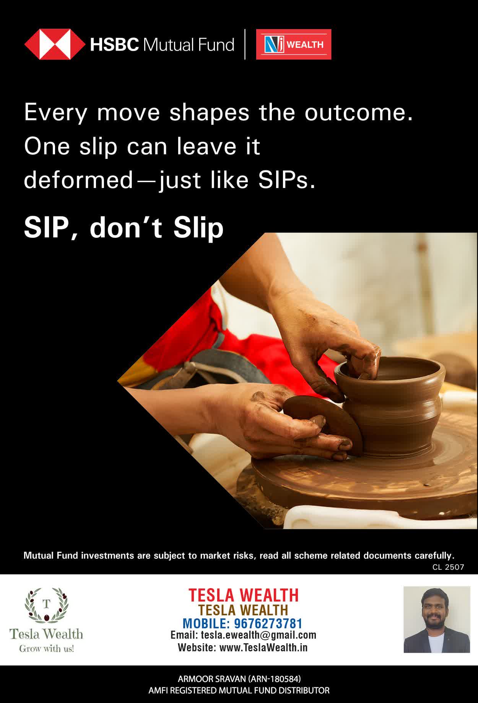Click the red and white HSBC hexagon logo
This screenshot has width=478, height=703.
[x=55, y=44]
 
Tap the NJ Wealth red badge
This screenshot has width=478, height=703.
[x=294, y=44]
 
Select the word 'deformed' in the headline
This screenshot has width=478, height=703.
[x=78, y=180]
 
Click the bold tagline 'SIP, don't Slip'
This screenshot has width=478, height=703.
[x=124, y=228]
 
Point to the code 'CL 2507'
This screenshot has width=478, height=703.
[x=448, y=567]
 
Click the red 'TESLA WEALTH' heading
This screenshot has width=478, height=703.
[x=244, y=595]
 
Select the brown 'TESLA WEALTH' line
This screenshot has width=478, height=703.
[x=243, y=610]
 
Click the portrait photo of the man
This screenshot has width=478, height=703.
[x=437, y=620]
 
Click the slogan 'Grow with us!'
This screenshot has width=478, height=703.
[x=46, y=649]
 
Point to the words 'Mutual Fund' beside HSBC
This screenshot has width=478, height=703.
[x=189, y=45]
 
